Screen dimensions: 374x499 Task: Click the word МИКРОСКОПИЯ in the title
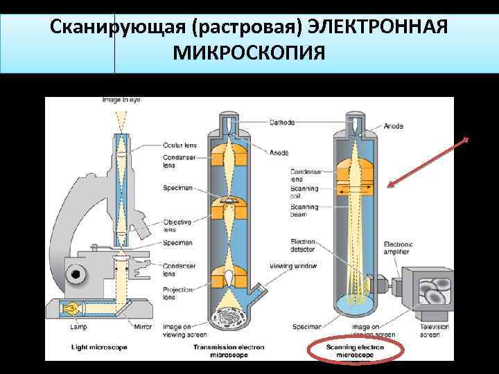pyautogui.click(x=249, y=51)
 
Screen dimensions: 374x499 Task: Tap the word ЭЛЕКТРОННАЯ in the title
pyautogui.click(x=378, y=27)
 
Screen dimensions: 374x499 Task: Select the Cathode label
pyautogui.click(x=283, y=123)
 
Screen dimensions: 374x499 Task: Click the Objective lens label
pyautogui.click(x=177, y=226)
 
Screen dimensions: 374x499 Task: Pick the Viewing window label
pyautogui.click(x=295, y=266)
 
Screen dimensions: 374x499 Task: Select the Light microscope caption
pyautogui.click(x=98, y=346)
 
